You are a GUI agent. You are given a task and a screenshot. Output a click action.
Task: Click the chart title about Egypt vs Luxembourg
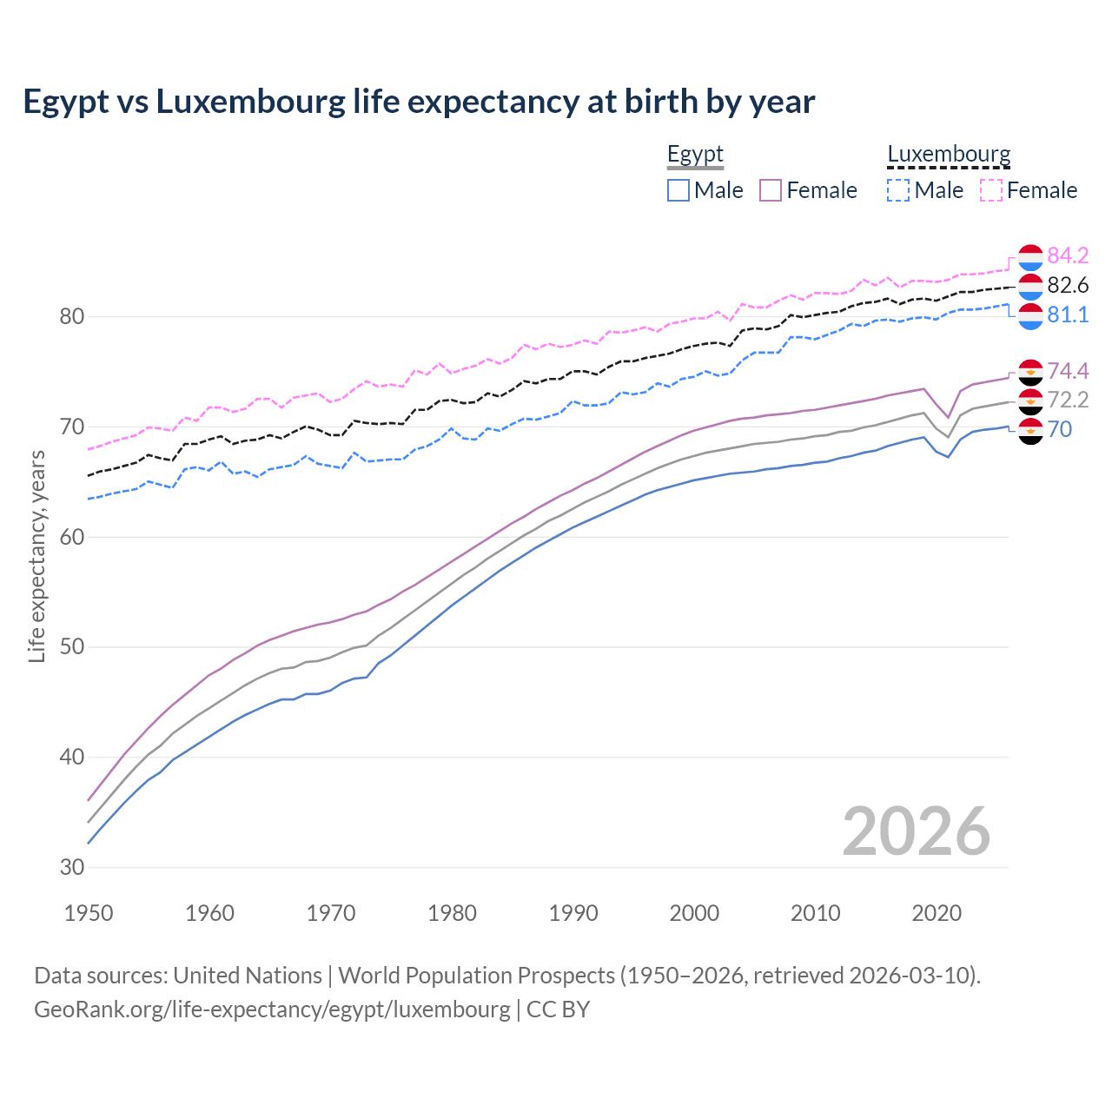[419, 102]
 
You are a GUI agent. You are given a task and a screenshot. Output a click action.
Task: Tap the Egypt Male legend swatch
[678, 190]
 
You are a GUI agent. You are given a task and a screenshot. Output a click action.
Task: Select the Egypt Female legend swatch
[771, 190]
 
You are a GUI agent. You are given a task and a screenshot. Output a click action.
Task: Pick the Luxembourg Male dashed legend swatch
[898, 190]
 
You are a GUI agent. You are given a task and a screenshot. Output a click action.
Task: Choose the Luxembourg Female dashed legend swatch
[991, 190]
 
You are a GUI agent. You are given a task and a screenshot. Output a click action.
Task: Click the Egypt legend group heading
[695, 155]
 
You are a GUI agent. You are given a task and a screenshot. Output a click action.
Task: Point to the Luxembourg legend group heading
[949, 155]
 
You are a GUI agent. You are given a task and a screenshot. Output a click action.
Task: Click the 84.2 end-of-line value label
[1068, 255]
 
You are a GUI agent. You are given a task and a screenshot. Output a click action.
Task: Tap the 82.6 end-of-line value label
[1068, 285]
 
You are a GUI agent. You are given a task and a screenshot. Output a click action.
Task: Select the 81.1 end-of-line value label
[1068, 314]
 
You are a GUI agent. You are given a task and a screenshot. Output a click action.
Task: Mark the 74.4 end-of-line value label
[1068, 371]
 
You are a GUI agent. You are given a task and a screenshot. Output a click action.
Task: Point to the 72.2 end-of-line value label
[1068, 400]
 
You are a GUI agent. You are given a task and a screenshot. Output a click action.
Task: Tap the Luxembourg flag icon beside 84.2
[1030, 257]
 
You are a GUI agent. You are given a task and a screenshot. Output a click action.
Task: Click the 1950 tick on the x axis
[89, 913]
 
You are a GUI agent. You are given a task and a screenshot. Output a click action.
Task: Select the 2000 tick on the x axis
[694, 913]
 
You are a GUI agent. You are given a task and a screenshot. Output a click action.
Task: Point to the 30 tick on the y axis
[72, 867]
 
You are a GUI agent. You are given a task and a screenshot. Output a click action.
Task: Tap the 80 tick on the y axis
[72, 316]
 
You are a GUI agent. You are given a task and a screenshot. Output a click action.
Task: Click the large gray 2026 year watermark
[916, 831]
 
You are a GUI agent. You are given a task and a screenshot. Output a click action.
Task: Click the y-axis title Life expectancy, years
[36, 556]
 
